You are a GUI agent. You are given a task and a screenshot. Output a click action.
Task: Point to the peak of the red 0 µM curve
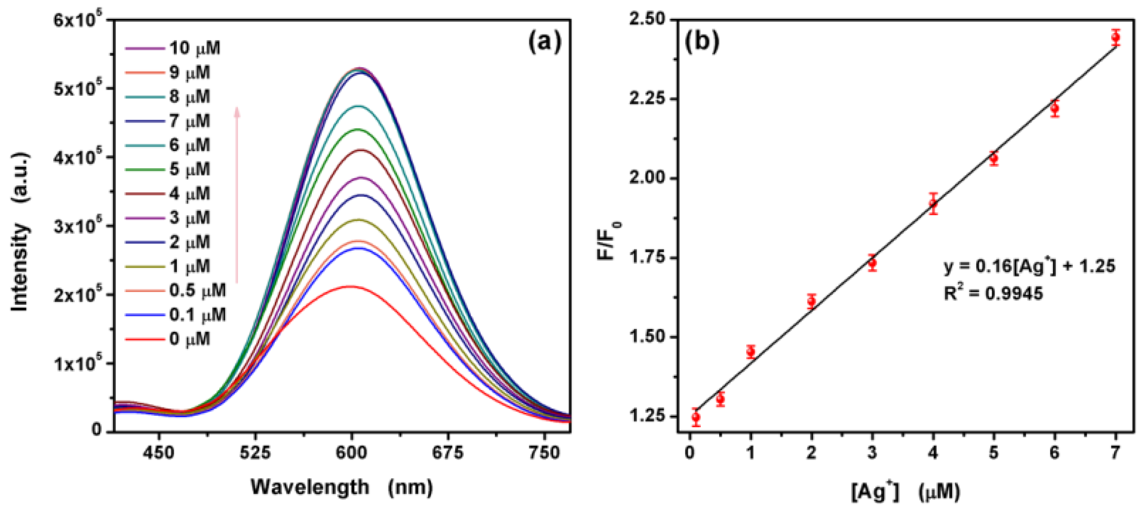pos(350,286)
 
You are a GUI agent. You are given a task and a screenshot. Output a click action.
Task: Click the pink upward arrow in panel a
pos(237,195)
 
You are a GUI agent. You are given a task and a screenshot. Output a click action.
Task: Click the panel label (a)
pos(545,42)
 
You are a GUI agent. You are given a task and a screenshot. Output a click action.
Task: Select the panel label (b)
pos(702,42)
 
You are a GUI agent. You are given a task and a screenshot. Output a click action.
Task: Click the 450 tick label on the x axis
pos(159,453)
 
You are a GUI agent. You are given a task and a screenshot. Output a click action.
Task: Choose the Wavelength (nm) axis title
pos(342,487)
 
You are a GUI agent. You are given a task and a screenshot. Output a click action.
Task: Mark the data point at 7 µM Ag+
pos(1115,38)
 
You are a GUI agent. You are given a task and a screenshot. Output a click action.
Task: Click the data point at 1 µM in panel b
pos(751,352)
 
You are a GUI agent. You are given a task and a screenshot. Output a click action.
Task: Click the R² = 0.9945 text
pos(993,294)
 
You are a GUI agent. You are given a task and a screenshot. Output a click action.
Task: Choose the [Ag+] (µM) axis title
pos(905,492)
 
